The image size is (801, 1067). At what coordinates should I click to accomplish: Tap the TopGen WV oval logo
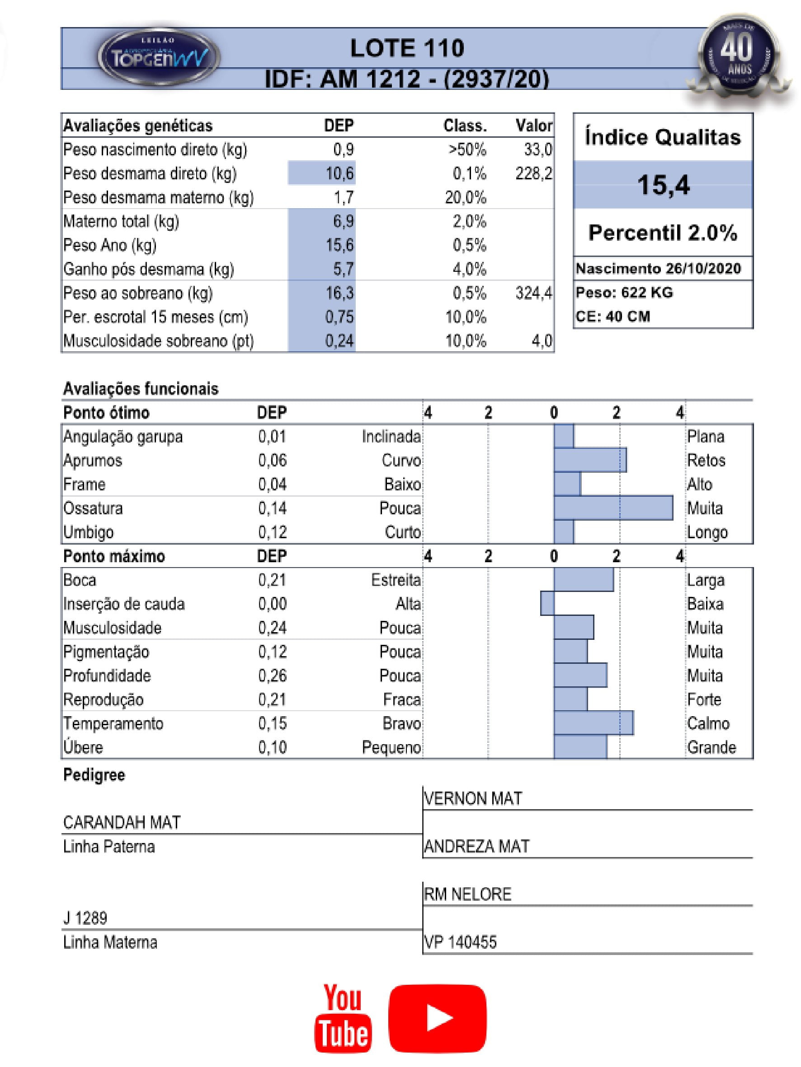point(159,57)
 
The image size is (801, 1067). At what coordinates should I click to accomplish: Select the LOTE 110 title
point(407,48)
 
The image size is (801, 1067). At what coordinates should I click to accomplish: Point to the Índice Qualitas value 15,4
point(663,185)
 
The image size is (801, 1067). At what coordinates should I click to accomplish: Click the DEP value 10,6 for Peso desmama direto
point(339,173)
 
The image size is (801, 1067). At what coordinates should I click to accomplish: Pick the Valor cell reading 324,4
point(533,293)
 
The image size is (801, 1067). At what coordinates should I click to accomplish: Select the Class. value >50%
point(467,149)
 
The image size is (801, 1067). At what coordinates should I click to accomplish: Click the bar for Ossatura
point(613,508)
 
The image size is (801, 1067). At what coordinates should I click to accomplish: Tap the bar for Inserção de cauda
point(547,603)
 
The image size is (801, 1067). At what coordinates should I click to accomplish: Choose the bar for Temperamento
point(594,723)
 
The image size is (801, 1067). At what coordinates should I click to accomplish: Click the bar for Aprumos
point(590,460)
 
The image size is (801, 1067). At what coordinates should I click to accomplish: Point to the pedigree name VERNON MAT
point(473,799)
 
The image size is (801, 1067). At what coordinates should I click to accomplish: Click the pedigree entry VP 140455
point(460,942)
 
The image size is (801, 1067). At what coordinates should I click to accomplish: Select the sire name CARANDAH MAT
point(122,822)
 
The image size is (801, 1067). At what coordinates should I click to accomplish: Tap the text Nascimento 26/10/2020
point(658,269)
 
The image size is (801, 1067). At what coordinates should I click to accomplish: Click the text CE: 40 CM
point(613,317)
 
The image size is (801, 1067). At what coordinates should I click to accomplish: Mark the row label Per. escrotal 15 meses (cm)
point(155,317)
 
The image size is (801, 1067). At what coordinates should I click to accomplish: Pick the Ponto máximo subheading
point(114,556)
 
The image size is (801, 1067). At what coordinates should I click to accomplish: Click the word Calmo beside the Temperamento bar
point(708,723)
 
